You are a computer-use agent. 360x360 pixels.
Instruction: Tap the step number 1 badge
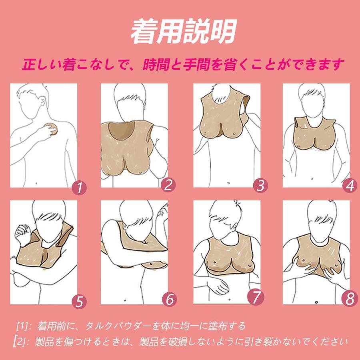[x=80, y=188]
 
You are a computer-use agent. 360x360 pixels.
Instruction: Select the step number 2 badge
[x=168, y=185]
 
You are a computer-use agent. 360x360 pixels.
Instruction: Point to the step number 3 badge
[x=260, y=185]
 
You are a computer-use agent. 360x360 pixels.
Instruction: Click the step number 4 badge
[x=350, y=186]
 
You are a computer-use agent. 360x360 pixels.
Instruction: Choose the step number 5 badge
[x=79, y=302]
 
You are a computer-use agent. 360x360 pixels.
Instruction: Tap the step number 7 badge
[x=256, y=297]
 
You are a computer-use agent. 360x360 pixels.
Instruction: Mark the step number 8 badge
[x=350, y=299]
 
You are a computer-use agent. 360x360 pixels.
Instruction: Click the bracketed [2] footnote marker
[x=20, y=342]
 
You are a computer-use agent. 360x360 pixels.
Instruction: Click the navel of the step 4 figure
[x=312, y=179]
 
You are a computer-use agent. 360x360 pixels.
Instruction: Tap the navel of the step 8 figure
[x=316, y=302]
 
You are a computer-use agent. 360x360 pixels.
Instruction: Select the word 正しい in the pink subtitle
[x=42, y=64]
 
